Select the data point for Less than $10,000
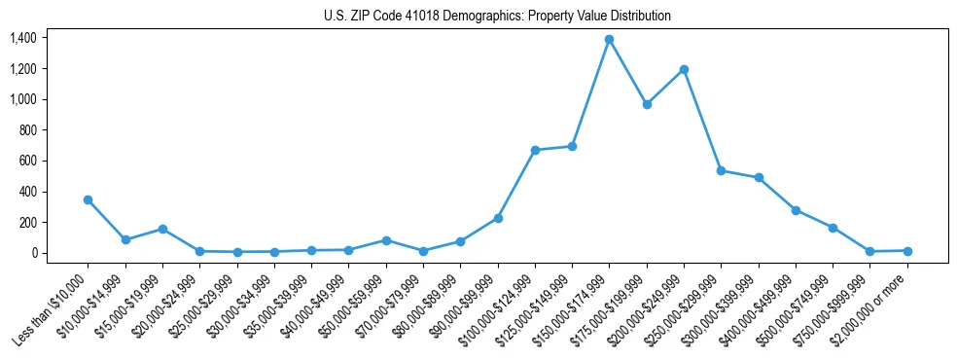tap(88, 199)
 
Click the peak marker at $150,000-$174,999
tap(609, 39)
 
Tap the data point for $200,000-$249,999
tap(684, 69)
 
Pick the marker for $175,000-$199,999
tap(647, 104)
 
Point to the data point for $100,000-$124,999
tap(535, 150)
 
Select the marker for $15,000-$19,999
tap(162, 229)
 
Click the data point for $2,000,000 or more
tap(907, 251)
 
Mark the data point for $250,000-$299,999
tap(721, 170)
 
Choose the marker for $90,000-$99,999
tap(498, 218)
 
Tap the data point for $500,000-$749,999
tap(833, 228)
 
